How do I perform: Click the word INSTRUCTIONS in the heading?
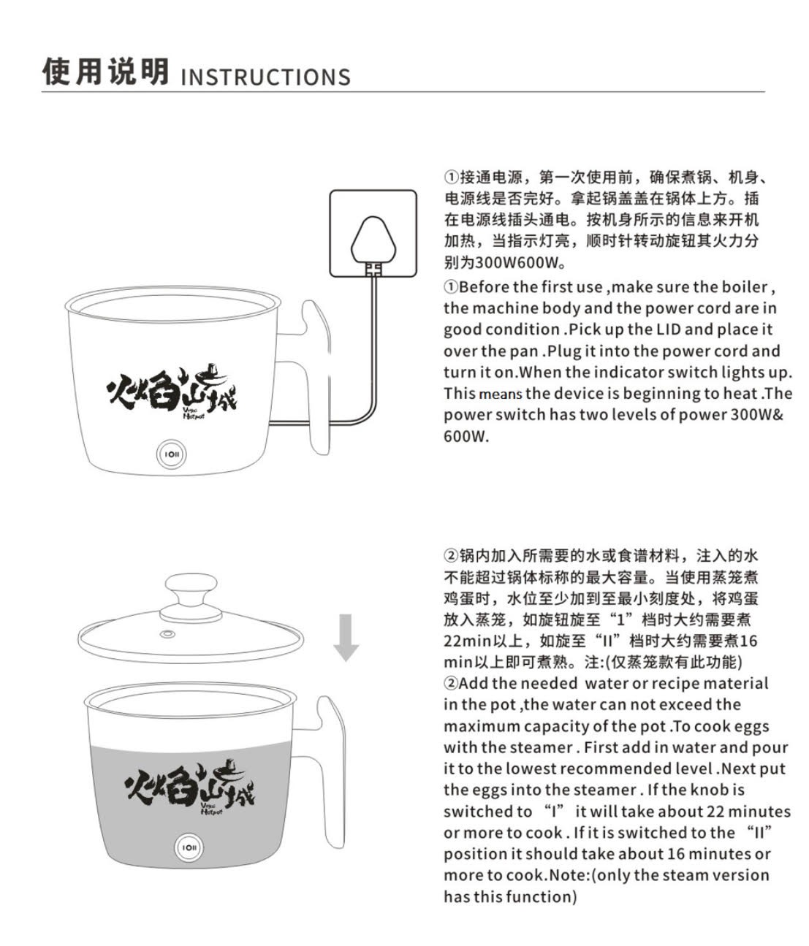(x=265, y=77)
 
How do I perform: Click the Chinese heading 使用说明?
(x=106, y=72)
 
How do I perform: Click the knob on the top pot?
(x=171, y=454)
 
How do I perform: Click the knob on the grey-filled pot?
(x=189, y=847)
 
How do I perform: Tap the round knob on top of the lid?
(x=191, y=598)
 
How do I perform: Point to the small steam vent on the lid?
(x=167, y=634)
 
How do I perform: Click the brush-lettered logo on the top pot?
(x=172, y=392)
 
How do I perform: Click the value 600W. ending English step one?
(x=466, y=436)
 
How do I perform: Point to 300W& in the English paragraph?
(x=756, y=414)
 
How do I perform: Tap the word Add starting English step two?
(x=474, y=683)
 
